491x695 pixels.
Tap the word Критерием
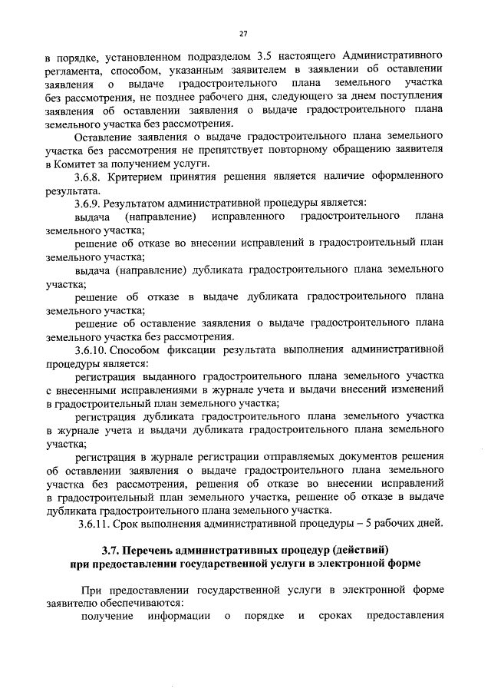click(x=141, y=177)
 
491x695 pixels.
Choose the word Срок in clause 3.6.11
click(x=126, y=524)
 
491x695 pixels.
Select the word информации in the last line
click(x=174, y=617)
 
